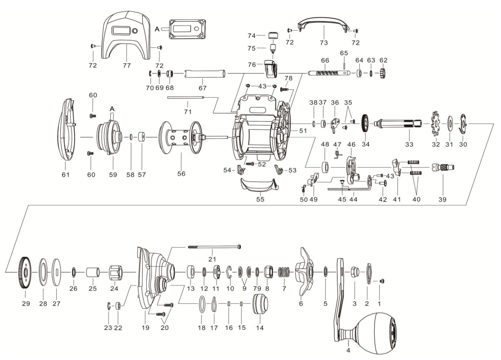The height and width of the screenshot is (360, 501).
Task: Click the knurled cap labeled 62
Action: (x=383, y=74)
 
